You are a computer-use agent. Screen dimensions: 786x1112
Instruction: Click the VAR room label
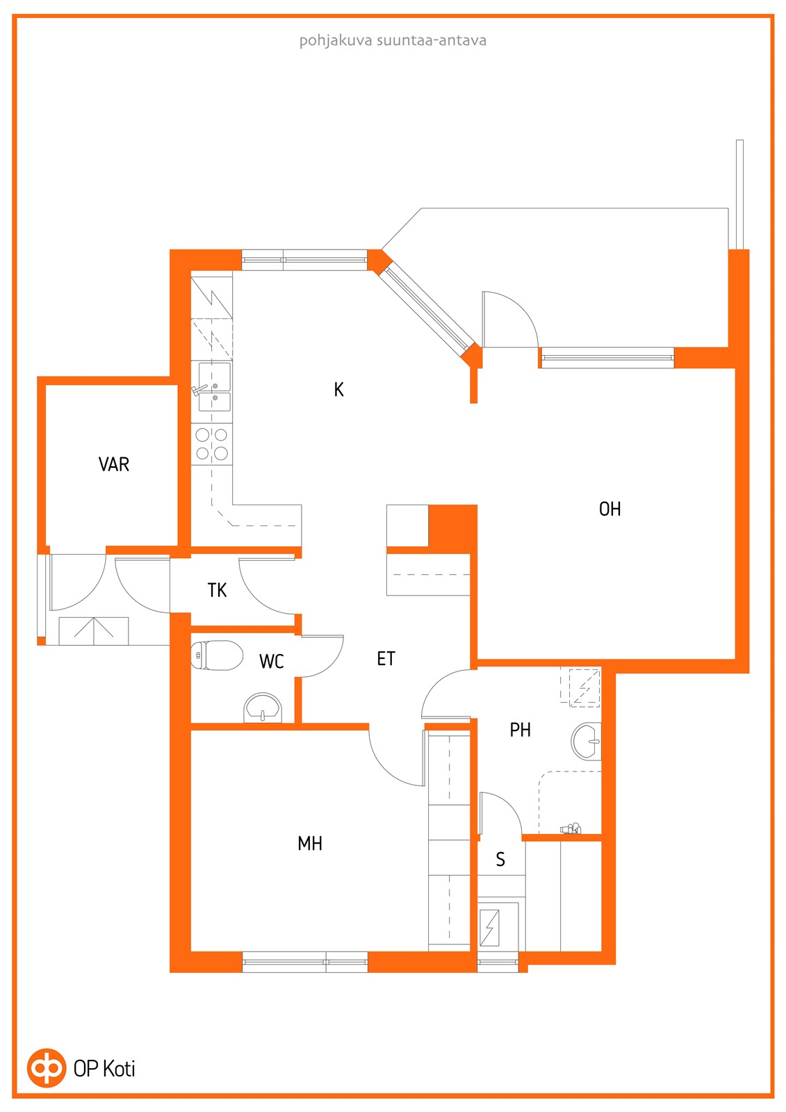114,464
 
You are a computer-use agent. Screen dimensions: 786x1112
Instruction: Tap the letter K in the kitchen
338,390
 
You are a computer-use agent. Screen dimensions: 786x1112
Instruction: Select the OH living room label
609,509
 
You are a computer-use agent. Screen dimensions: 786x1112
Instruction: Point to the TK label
217,590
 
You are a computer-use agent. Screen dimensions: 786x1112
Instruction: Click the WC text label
272,661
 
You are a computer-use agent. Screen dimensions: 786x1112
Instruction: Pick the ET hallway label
386,658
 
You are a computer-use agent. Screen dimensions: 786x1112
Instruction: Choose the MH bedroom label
310,844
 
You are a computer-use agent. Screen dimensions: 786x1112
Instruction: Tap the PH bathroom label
521,730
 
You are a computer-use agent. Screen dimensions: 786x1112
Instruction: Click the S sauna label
500,859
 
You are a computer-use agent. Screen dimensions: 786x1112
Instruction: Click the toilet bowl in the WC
217,655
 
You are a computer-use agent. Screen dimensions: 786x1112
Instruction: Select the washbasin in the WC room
263,708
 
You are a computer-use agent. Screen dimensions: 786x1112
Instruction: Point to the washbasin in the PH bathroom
587,741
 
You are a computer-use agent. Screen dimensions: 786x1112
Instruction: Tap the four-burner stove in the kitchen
211,444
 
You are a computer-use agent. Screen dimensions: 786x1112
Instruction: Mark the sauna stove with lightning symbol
489,928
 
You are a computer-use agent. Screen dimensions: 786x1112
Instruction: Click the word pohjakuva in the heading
336,41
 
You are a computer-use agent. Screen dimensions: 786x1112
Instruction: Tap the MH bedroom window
305,962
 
